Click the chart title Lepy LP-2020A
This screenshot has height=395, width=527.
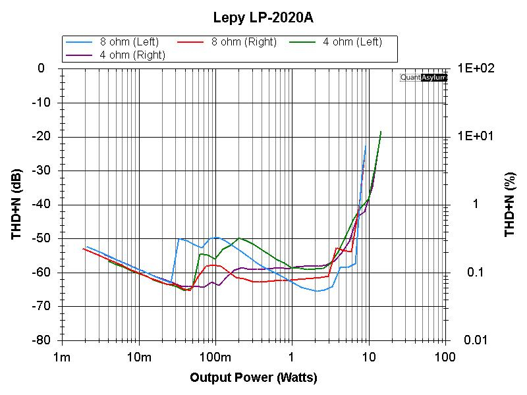tap(263, 18)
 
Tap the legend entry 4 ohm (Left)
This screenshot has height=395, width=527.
tap(352, 42)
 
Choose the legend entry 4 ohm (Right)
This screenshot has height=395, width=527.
tap(132, 55)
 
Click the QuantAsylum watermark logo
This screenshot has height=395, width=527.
tap(424, 78)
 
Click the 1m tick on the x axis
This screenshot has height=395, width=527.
tap(62, 357)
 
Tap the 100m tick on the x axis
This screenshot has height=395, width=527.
tap(215, 357)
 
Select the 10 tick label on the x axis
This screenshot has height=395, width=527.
tap(369, 357)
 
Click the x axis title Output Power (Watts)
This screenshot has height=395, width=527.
tap(254, 378)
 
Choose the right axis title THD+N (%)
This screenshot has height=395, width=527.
tap(509, 204)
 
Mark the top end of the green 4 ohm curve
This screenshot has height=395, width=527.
tap(381, 132)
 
